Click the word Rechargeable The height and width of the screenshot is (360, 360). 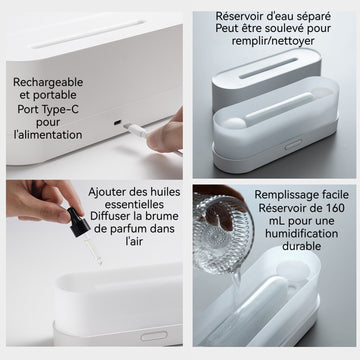click(48, 82)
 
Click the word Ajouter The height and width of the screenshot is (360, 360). click(104, 193)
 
